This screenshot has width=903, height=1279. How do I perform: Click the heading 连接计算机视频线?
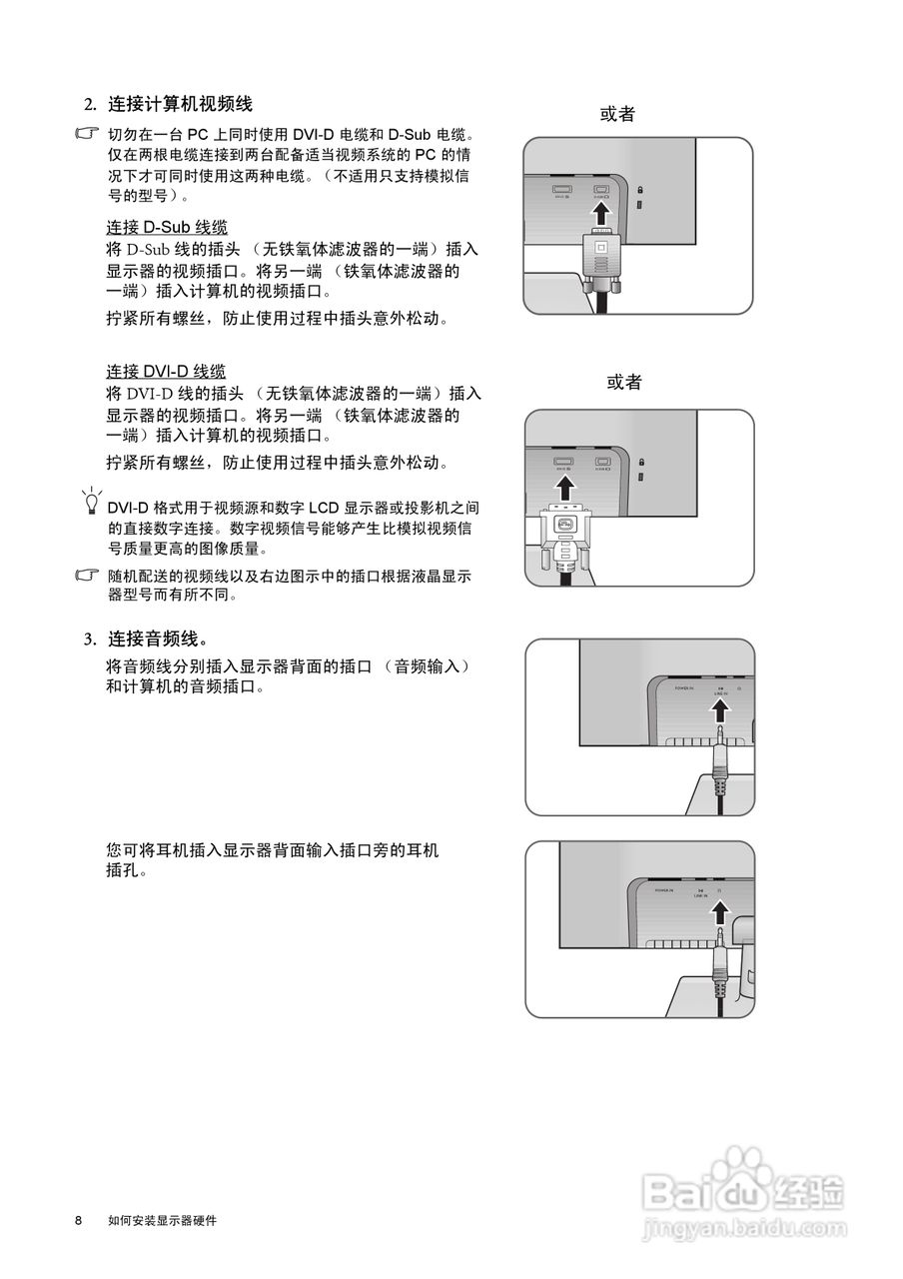[x=180, y=104]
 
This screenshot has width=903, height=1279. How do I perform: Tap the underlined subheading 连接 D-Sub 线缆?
[x=167, y=227]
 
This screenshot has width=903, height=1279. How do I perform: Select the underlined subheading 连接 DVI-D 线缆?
[x=166, y=372]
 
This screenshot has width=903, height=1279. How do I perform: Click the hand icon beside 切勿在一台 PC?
[x=89, y=133]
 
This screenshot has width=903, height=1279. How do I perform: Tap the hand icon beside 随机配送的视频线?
[x=89, y=577]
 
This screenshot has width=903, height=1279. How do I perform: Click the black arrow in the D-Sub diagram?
[x=599, y=214]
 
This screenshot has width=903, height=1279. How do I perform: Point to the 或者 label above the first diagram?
[x=617, y=114]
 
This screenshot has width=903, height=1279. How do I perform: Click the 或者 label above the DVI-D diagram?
[x=624, y=382]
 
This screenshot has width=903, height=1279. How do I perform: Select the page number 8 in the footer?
[x=78, y=1221]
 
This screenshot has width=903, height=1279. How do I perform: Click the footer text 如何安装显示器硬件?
[x=162, y=1221]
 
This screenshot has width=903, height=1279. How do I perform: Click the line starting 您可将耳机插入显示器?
[x=272, y=850]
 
